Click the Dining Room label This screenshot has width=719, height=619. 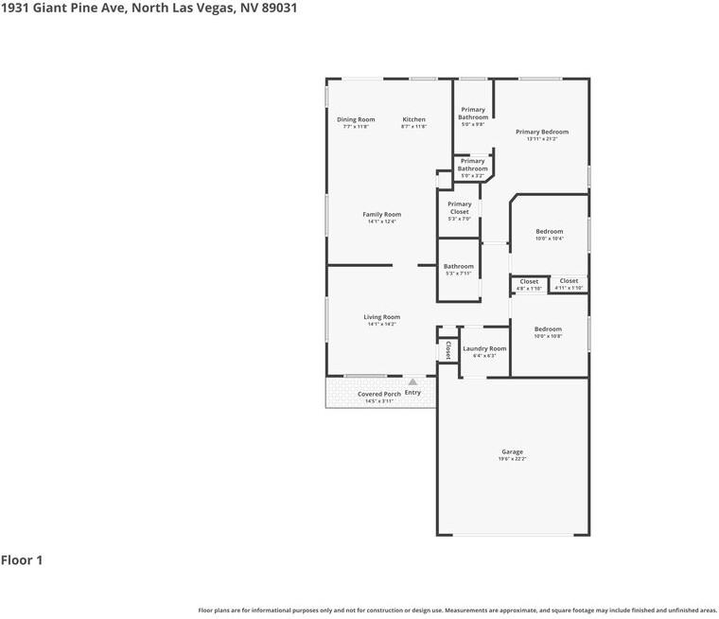coord(356,120)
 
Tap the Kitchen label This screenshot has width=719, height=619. coord(413,120)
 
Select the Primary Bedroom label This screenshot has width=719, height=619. coord(541,133)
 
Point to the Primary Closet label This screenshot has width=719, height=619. coord(459,208)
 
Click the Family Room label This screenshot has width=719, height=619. coord(381,215)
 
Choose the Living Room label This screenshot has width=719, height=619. coord(381,317)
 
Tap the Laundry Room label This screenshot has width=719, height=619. coord(484,348)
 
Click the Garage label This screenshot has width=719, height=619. coord(512,451)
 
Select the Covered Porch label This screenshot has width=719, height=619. coord(378,394)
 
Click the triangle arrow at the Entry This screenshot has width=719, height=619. coord(412,381)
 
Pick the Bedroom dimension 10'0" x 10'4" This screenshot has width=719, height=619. coord(549,239)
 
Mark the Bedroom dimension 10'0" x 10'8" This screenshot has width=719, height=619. coord(548,336)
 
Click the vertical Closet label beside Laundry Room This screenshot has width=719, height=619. coord(447,350)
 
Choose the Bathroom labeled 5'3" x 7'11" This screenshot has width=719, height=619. coord(459,270)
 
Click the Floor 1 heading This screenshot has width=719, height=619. coord(22,560)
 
